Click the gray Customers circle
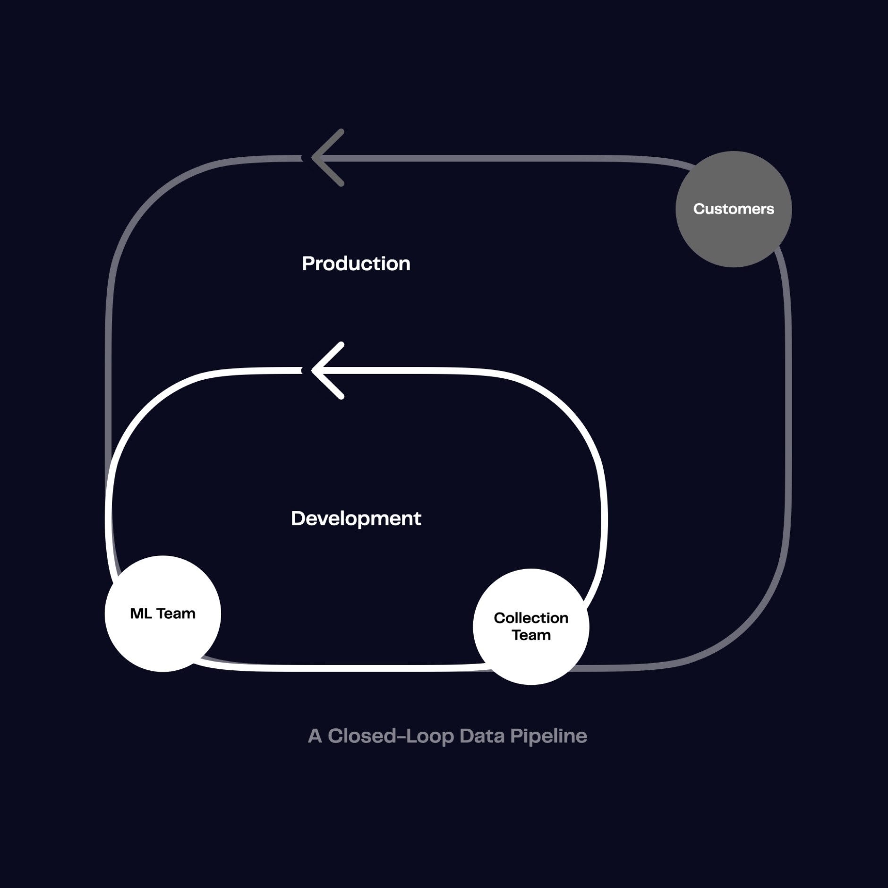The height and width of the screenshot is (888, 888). [734, 236]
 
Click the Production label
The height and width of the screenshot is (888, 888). [356, 264]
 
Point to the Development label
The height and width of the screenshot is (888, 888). [356, 519]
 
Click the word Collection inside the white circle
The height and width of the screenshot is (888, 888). [531, 618]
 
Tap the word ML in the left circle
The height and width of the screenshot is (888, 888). [141, 614]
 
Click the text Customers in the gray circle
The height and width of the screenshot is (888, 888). [734, 209]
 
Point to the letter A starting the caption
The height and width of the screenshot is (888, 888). [315, 736]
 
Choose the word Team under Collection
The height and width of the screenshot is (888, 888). [531, 635]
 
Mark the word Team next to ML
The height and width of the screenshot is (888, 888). [176, 614]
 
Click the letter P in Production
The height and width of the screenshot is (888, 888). [308, 264]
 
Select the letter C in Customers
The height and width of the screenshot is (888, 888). [700, 209]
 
